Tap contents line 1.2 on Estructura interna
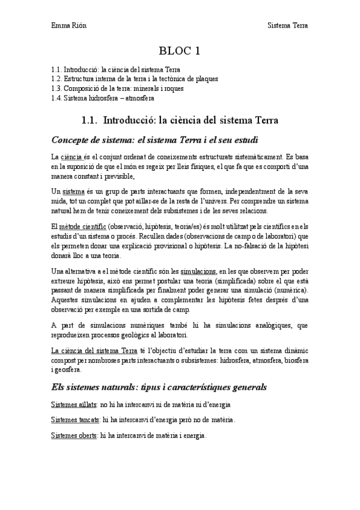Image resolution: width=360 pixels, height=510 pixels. tap(134, 79)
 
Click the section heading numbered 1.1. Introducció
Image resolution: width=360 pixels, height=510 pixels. tap(180, 120)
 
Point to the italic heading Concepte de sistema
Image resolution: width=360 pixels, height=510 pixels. tap(155, 141)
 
